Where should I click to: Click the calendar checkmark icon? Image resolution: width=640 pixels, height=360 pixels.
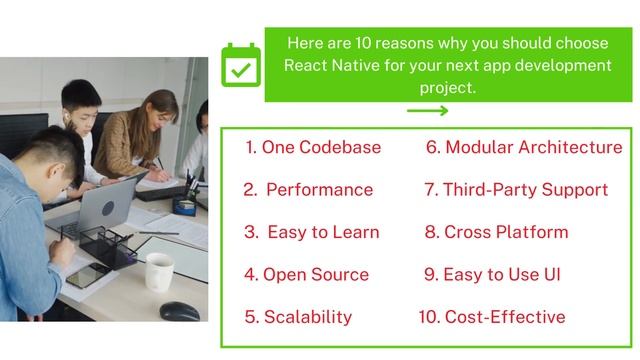click(239, 68)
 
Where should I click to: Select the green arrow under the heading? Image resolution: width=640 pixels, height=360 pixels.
click(427, 111)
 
